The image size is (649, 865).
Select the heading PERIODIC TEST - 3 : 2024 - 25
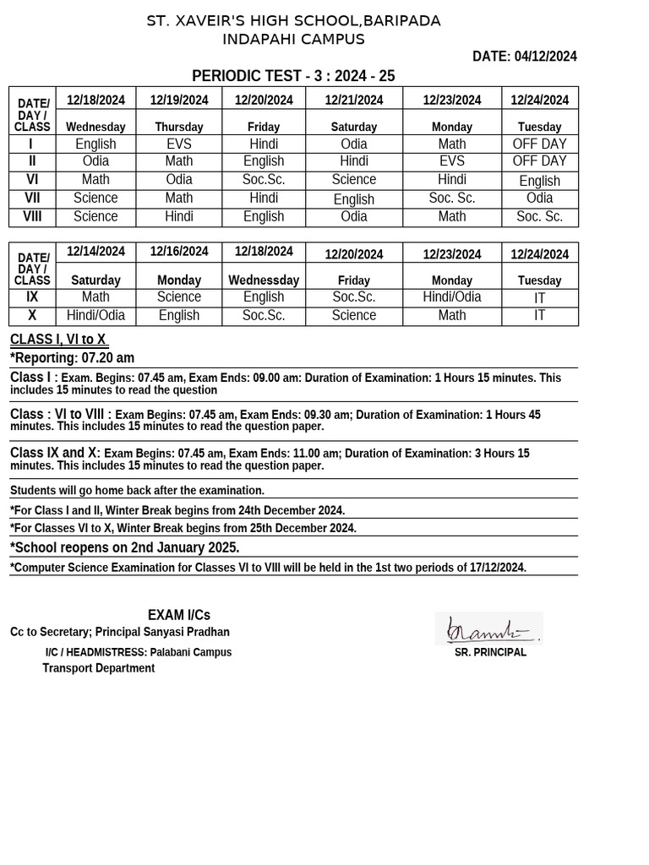pyautogui.click(x=293, y=76)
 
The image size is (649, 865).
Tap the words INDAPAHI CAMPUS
pyautogui.click(x=293, y=40)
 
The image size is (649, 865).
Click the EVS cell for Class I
pyautogui.click(x=179, y=144)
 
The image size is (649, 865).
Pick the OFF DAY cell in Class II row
pyautogui.click(x=539, y=160)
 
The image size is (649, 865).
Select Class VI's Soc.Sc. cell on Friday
pyautogui.click(x=264, y=180)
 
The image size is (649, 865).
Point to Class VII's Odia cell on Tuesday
pyautogui.click(x=539, y=198)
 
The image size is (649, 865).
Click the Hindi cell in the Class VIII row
pyautogui.click(x=179, y=216)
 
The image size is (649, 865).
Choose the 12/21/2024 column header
pyautogui.click(x=353, y=100)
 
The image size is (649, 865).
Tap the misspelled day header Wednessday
pyautogui.click(x=264, y=280)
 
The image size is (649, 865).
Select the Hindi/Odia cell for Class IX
pyautogui.click(x=451, y=296)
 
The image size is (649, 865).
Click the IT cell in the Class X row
pyautogui.click(x=539, y=315)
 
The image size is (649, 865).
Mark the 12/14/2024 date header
pyautogui.click(x=95, y=251)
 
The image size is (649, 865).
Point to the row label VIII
pyautogui.click(x=32, y=216)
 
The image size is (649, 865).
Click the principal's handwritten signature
pyautogui.click(x=488, y=629)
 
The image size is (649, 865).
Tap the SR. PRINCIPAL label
pyautogui.click(x=490, y=652)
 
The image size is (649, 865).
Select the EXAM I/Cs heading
pyautogui.click(x=179, y=615)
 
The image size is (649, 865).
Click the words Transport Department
pyautogui.click(x=99, y=668)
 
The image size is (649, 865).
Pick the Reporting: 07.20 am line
pyautogui.click(x=73, y=358)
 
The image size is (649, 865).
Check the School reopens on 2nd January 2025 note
pyautogui.click(x=125, y=547)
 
